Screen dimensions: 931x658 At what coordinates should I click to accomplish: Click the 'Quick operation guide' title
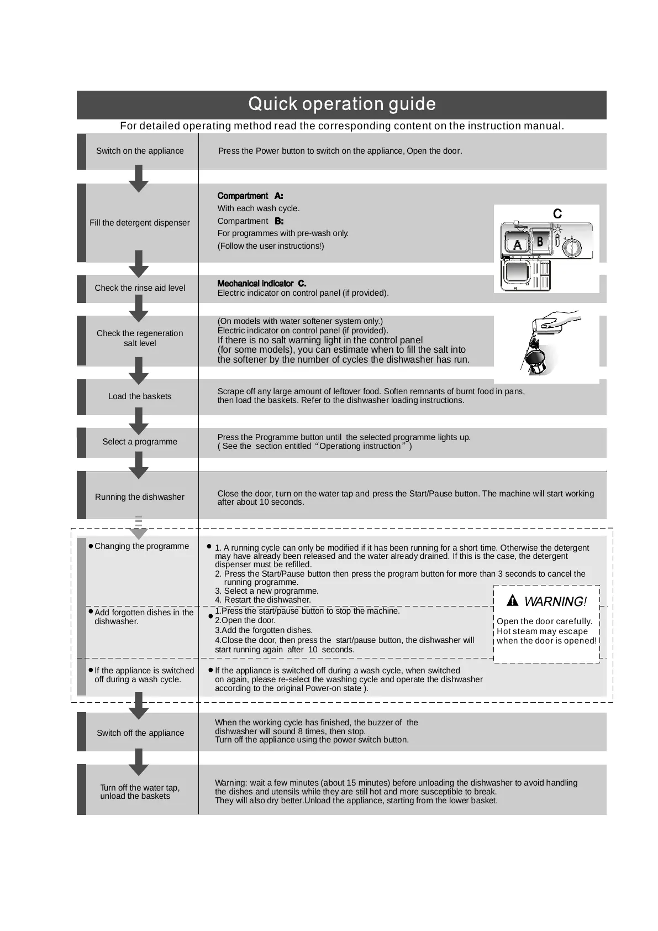341,104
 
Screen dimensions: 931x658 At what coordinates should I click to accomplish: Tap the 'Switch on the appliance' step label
140,151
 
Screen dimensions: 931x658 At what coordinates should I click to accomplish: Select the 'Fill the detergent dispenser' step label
139,223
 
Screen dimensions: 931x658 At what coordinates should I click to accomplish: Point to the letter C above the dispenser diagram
557,214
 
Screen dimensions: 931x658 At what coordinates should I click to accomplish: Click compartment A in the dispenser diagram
517,244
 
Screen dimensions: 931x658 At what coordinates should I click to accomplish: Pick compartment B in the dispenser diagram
540,242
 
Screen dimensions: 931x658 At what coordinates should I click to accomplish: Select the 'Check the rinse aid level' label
140,288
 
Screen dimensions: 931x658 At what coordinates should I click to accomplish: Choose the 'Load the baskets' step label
140,396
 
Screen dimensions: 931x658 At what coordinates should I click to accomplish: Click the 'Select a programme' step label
140,442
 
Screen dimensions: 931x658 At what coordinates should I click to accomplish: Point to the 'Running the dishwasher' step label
140,497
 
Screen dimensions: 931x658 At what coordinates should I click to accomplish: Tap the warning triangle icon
512,600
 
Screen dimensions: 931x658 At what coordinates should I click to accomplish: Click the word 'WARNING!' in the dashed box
555,602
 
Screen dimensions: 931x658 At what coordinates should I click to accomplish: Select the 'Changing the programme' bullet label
141,546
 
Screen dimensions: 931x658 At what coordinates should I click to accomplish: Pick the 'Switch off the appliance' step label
140,733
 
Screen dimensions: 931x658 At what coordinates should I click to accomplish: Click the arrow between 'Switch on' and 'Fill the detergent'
139,178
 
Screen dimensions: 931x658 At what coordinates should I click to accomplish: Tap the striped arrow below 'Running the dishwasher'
139,528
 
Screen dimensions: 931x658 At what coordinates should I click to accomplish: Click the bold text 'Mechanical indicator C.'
262,284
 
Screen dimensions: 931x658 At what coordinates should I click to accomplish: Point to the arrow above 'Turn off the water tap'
139,762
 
